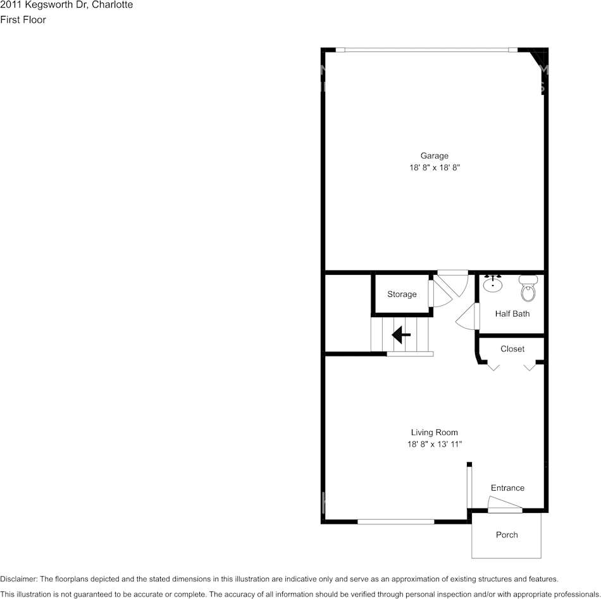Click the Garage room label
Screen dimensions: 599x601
click(x=434, y=156)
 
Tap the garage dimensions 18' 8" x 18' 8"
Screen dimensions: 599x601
click(x=434, y=168)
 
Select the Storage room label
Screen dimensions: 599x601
click(x=402, y=294)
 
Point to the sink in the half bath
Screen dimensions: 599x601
click(x=493, y=284)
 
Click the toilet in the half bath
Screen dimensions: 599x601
click(x=528, y=289)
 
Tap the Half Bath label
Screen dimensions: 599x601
click(x=512, y=313)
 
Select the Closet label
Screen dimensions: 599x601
click(x=512, y=349)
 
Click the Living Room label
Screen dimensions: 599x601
click(x=434, y=433)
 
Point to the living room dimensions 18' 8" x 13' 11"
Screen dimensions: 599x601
click(x=434, y=445)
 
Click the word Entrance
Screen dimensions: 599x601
click(x=507, y=488)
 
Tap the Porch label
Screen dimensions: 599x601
click(x=507, y=535)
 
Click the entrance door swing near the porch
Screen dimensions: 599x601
click(x=504, y=504)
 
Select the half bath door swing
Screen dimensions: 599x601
click(x=467, y=315)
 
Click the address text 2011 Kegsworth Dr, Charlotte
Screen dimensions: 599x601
click(x=66, y=5)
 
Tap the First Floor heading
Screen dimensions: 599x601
click(x=23, y=20)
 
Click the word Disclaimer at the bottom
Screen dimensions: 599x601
click(x=18, y=579)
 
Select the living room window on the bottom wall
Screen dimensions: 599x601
click(x=396, y=522)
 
